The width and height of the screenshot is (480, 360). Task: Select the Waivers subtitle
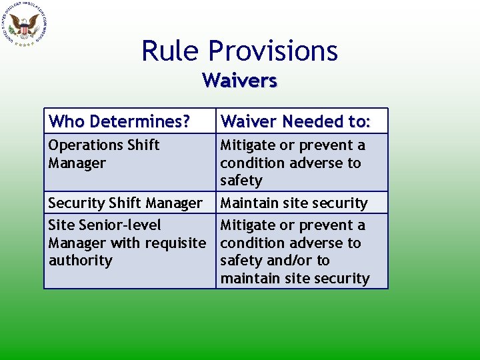(x=239, y=81)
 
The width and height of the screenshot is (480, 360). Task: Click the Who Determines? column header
(x=119, y=121)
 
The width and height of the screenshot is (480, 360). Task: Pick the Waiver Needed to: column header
(x=295, y=121)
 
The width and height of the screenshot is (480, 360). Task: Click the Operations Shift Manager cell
(x=104, y=154)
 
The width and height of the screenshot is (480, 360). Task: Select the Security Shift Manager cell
(x=125, y=203)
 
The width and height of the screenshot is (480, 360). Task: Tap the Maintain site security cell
(x=294, y=203)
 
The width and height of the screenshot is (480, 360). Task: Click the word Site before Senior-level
(x=62, y=225)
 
